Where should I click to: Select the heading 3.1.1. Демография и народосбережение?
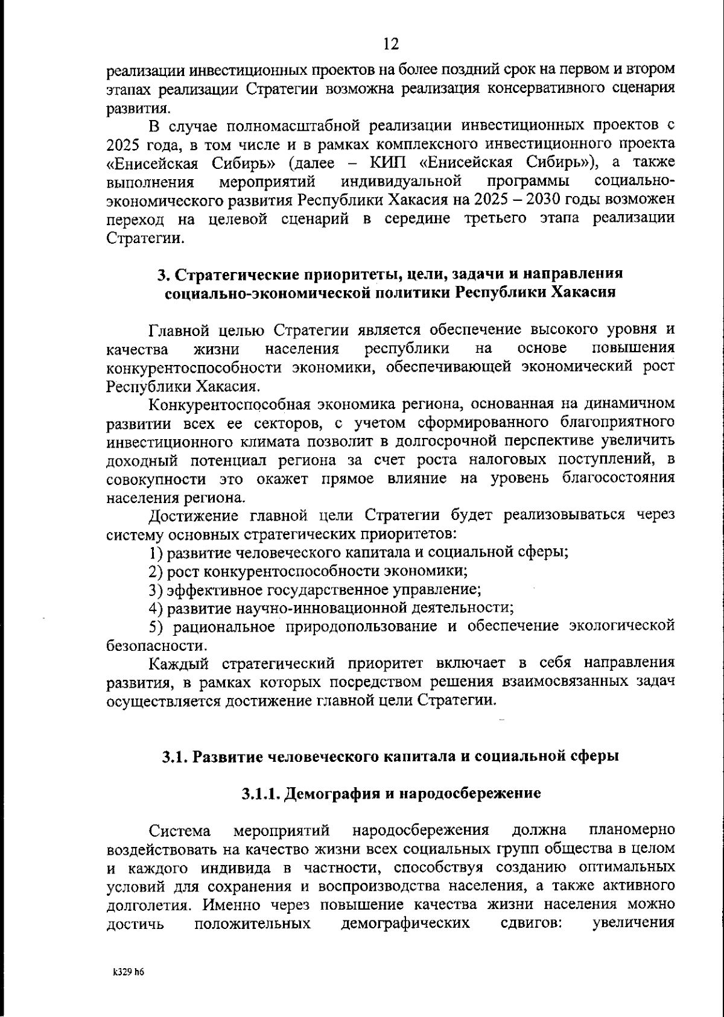tap(390, 793)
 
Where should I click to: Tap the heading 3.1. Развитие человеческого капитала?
tap(390, 756)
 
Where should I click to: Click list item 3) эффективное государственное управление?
tap(314, 589)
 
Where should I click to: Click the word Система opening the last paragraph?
tap(180, 830)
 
